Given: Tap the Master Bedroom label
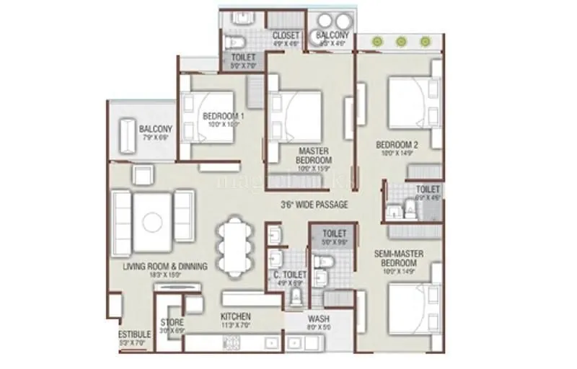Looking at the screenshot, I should click(314, 155).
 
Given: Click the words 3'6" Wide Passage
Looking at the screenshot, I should click(314, 205).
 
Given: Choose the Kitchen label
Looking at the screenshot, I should click(236, 316).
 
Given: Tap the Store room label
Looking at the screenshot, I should click(172, 321).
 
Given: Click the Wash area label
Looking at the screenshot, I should click(319, 317).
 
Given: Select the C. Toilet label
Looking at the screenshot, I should click(290, 275).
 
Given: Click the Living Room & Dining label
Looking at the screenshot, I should click(165, 267).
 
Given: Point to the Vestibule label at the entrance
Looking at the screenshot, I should click(136, 334).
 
